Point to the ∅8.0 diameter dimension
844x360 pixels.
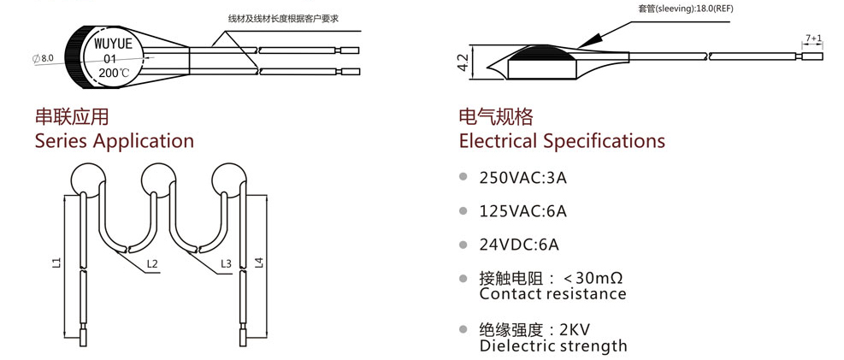43,57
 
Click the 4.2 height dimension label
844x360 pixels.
463,63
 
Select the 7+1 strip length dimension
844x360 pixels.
812,38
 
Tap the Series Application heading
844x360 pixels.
114,141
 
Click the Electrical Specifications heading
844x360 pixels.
562,141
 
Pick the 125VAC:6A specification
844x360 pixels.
523,211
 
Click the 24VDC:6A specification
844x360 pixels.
519,245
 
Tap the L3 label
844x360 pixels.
226,264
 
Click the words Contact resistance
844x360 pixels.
552,294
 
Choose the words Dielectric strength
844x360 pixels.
553,346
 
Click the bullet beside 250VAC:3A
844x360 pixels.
463,177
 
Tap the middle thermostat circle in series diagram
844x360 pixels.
156,179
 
